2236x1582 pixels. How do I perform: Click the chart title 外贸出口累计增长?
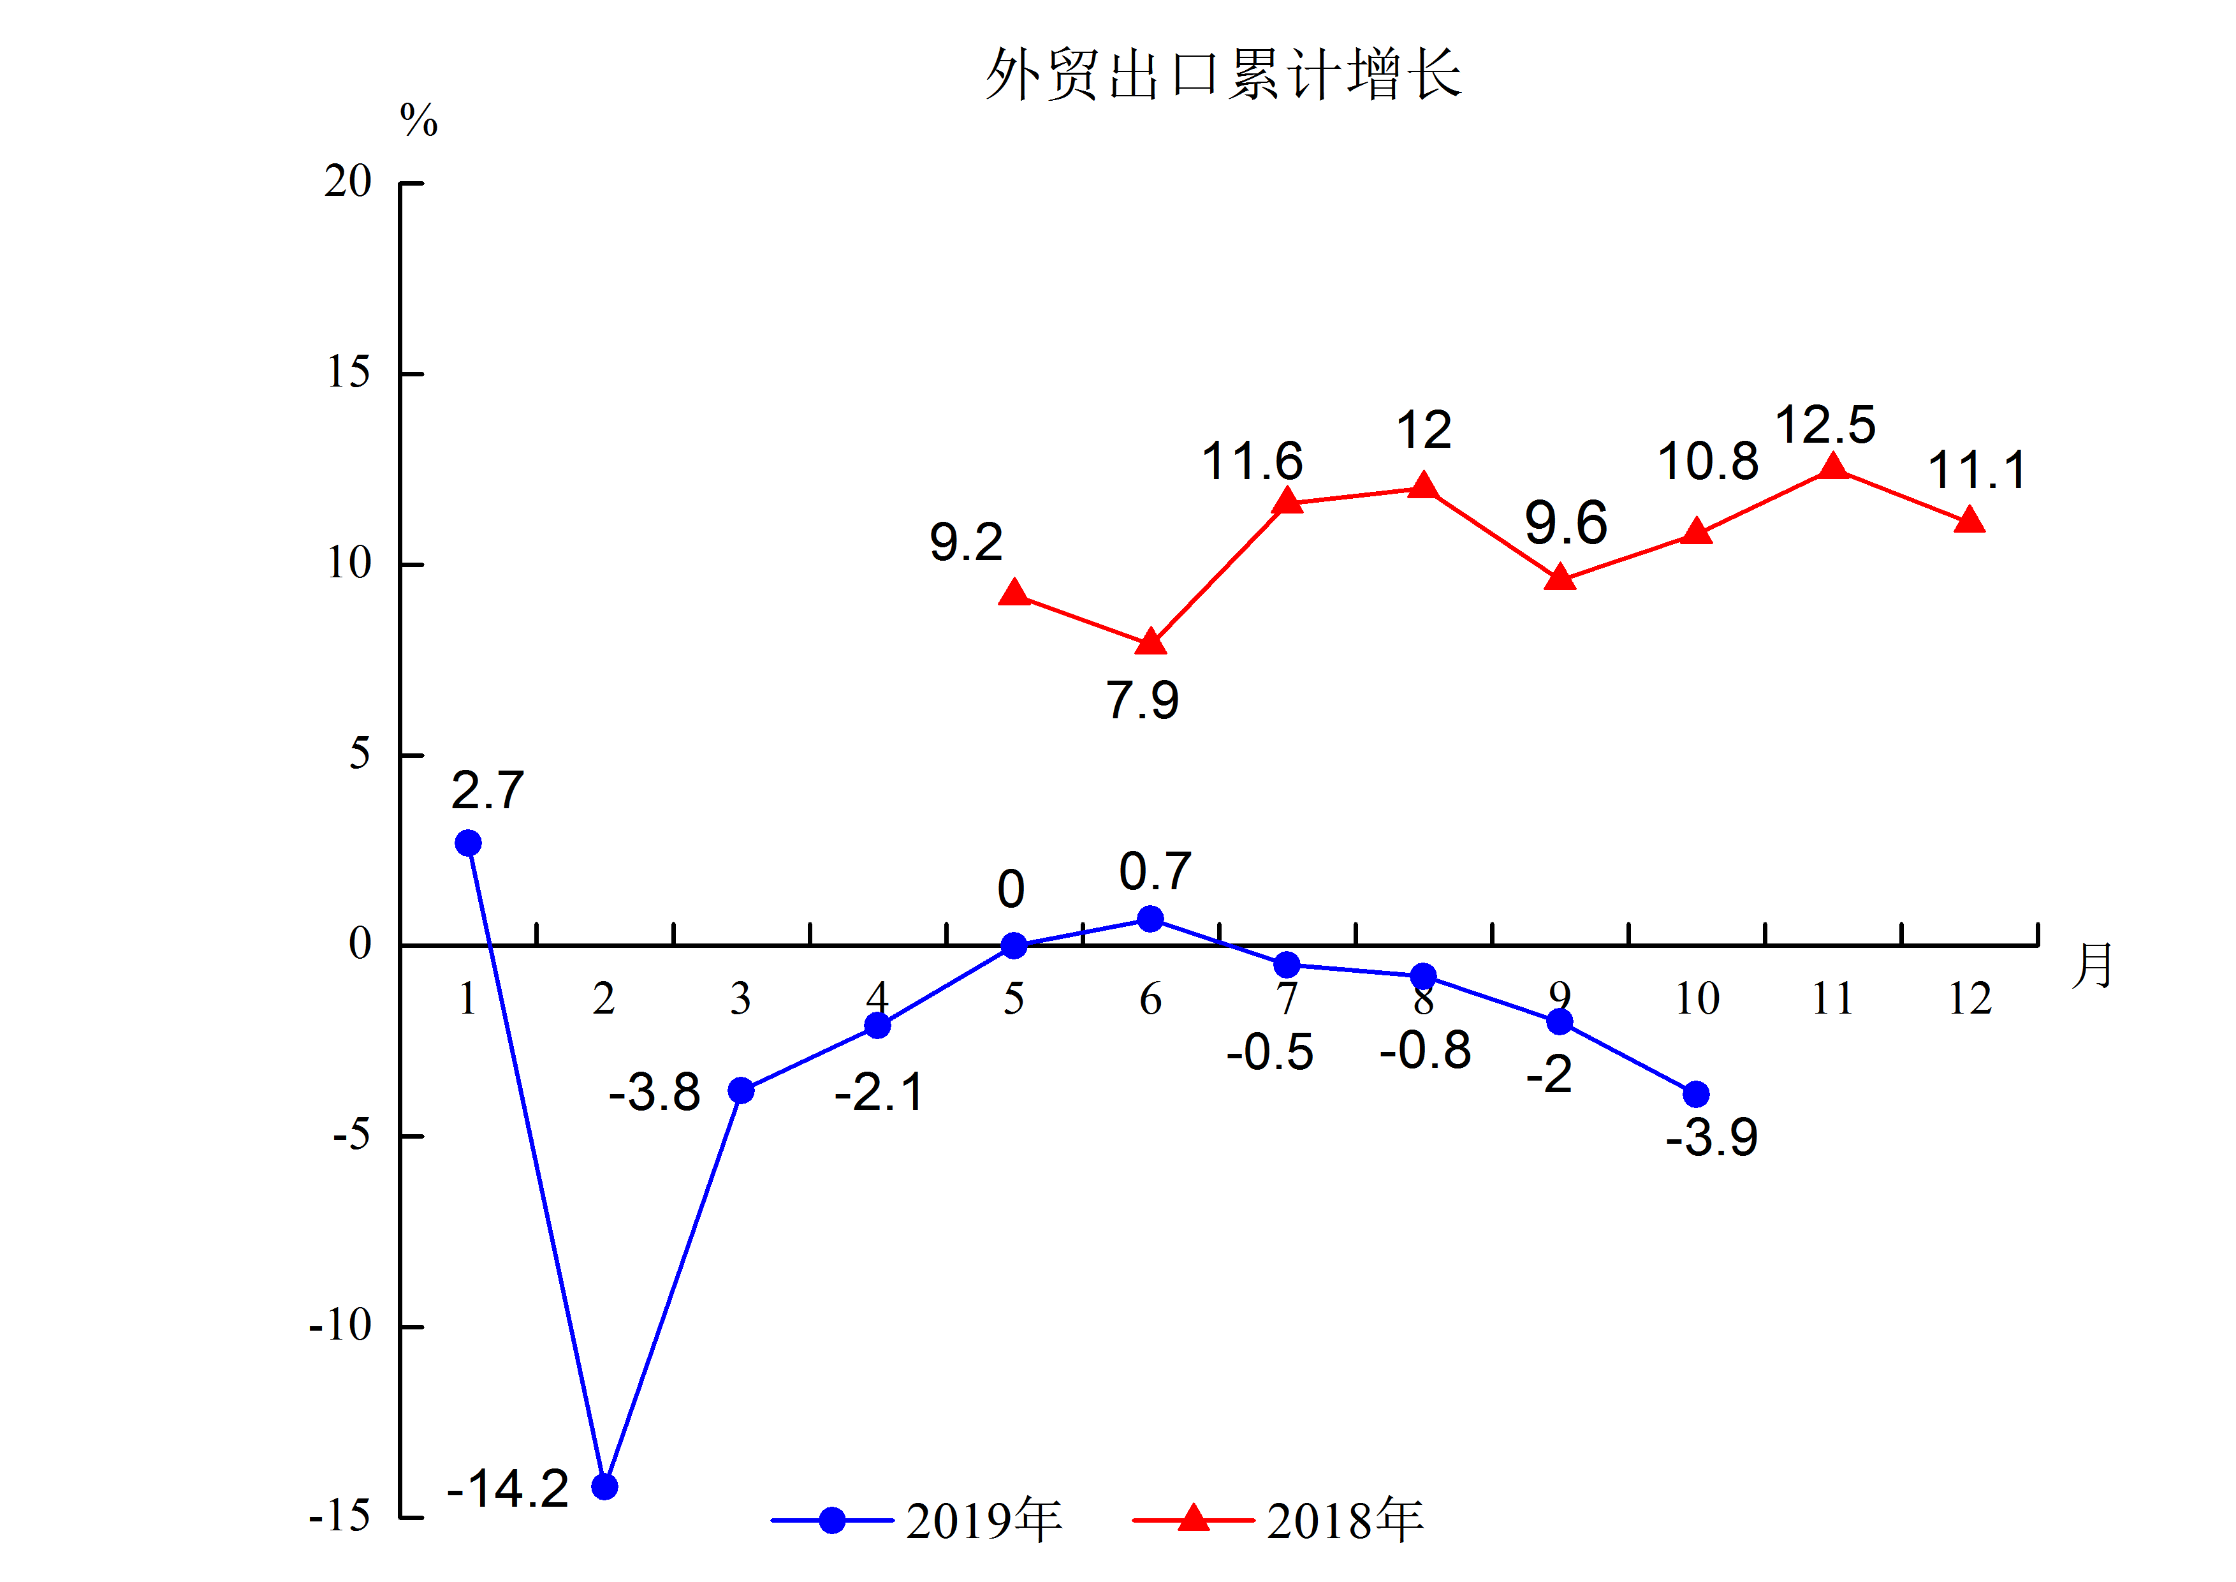[x=1222, y=74]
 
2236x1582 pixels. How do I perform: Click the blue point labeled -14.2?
[x=605, y=1486]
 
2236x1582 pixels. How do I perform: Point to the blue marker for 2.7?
[x=469, y=843]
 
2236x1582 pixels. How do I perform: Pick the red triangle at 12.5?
[x=1833, y=466]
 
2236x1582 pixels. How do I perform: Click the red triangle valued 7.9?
[x=1151, y=642]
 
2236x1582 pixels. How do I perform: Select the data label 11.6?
[x=1252, y=461]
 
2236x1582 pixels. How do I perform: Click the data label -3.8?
[x=654, y=1092]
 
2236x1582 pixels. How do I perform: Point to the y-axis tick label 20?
[x=347, y=182]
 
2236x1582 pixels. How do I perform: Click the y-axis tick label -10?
[x=340, y=1326]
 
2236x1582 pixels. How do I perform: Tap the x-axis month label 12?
[x=1969, y=998]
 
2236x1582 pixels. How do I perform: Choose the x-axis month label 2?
[x=604, y=998]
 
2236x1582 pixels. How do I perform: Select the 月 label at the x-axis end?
[x=2092, y=966]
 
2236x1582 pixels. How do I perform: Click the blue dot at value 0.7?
[x=1150, y=919]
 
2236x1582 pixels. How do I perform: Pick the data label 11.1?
[x=1977, y=471]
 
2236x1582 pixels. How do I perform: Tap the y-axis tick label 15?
[x=347, y=373]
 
